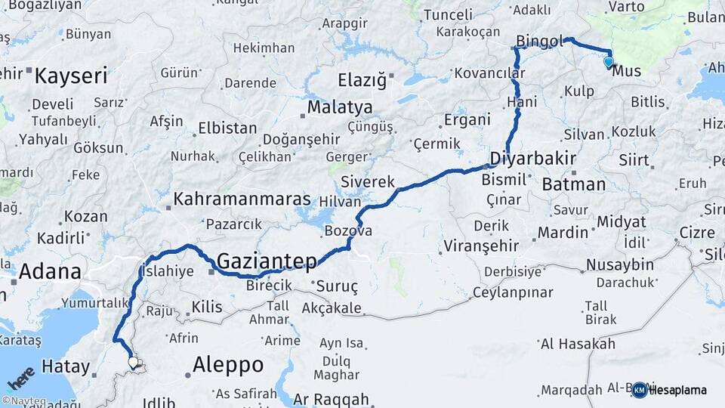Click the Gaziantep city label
[x=267, y=261]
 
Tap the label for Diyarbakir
[x=533, y=159]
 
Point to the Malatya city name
[x=339, y=107]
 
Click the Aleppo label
[x=227, y=365]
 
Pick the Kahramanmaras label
[x=242, y=199]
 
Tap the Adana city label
[x=51, y=270]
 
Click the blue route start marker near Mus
[x=609, y=61]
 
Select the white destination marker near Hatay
[x=134, y=363]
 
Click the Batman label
[x=573, y=184]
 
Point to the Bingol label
[x=540, y=40]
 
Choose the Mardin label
[x=562, y=231]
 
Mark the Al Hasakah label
[x=578, y=345]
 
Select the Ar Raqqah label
[x=331, y=399]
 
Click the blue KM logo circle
[x=639, y=390]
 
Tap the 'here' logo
[x=20, y=376]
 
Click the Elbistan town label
[x=227, y=128]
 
